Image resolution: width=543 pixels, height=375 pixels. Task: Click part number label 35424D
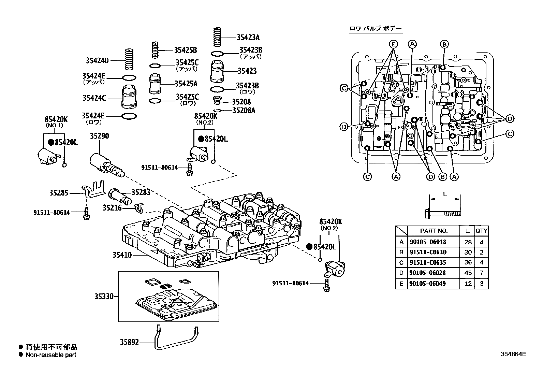coord(97,61)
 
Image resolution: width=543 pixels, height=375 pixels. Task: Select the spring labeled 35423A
coord(217,37)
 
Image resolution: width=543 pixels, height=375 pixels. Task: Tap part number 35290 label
coord(99,136)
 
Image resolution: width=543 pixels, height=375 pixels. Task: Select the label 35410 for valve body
coord(122,255)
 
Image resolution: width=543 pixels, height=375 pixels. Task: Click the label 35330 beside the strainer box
coord(104,297)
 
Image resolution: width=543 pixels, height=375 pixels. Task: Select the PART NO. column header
coord(434,231)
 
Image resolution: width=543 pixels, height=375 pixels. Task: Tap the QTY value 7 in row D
coord(481,273)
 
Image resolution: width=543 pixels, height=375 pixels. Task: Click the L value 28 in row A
coord(468,242)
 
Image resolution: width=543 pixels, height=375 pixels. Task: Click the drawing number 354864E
coord(513,354)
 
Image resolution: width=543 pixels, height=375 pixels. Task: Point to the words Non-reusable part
coord(51,355)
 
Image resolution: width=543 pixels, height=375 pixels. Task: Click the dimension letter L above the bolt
coord(444,194)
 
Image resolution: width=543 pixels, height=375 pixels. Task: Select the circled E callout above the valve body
coord(393,44)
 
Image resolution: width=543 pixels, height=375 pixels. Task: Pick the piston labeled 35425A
coord(155,84)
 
